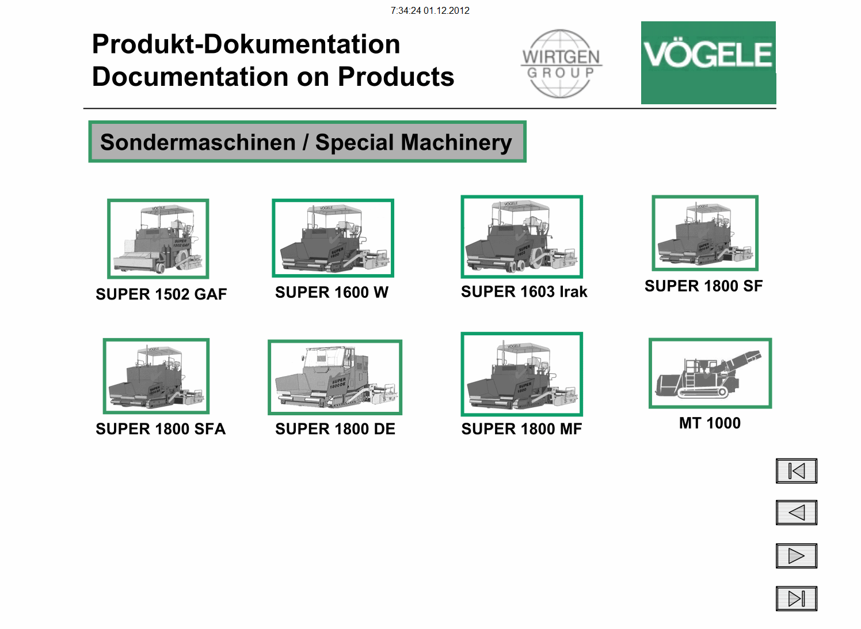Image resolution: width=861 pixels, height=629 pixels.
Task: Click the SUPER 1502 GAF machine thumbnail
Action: click(x=158, y=238)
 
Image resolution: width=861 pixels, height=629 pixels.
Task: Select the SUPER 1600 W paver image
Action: click(x=333, y=238)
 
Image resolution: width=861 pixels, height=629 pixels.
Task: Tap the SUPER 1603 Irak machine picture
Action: click(x=521, y=237)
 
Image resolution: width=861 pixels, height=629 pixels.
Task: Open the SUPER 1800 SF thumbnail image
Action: click(x=704, y=233)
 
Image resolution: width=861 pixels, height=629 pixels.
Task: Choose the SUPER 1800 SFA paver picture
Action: click(x=156, y=376)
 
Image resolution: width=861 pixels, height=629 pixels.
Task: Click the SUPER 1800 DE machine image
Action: click(x=334, y=377)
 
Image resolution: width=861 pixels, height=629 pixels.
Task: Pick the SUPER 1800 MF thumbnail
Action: click(x=521, y=374)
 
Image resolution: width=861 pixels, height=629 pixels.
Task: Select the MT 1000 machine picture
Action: click(x=710, y=373)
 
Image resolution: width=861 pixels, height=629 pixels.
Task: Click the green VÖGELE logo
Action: click(x=708, y=62)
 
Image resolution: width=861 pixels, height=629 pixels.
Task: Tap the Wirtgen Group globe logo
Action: click(x=561, y=64)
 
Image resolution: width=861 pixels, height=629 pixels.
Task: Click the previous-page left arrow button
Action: click(x=796, y=513)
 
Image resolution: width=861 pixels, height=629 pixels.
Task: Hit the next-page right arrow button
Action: click(x=796, y=556)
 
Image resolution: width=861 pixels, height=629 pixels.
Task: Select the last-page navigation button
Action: click(x=796, y=598)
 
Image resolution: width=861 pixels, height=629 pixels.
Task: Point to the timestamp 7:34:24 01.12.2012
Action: click(x=430, y=10)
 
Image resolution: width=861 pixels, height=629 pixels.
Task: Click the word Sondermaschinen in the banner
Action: click(x=197, y=142)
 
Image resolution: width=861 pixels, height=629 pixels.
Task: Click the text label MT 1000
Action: click(x=710, y=423)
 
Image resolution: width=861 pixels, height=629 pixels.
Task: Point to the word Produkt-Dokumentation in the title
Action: click(x=246, y=44)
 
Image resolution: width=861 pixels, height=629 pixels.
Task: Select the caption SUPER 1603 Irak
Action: click(x=524, y=292)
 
